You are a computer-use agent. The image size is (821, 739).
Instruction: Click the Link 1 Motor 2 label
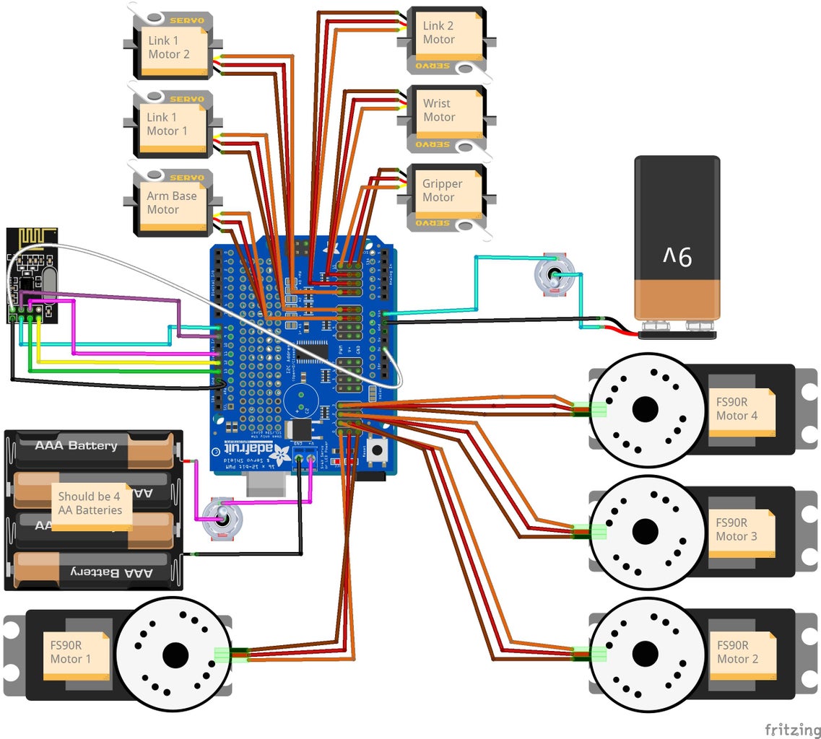169,48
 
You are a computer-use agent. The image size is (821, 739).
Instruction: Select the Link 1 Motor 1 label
168,124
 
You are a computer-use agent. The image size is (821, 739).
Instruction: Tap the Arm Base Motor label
171,203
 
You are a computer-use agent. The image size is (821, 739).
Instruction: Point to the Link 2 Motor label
438,32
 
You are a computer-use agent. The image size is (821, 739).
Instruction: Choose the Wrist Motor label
438,110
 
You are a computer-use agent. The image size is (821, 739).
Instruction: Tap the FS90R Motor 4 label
737,409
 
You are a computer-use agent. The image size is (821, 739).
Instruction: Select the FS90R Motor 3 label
737,530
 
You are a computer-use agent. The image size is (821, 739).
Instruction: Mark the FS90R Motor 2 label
737,652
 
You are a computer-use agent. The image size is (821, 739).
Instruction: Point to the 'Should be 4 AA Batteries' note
90,503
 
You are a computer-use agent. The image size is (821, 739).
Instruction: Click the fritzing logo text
792,729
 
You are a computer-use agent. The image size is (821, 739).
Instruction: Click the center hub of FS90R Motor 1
175,655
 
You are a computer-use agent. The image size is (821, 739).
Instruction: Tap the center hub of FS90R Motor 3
645,532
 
